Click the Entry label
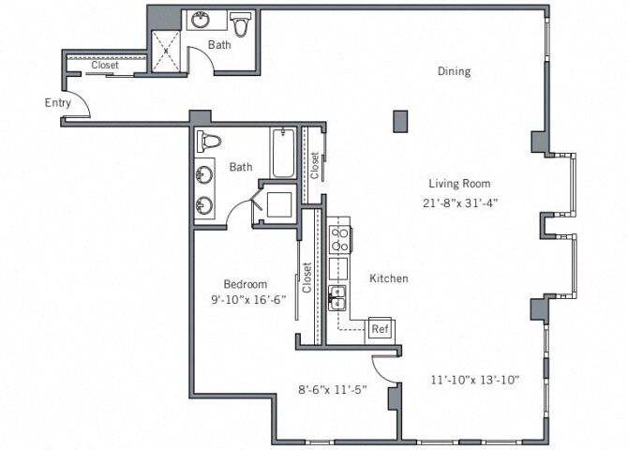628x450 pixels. (x=57, y=102)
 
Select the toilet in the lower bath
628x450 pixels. (x=210, y=142)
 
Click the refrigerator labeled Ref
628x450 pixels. (x=380, y=329)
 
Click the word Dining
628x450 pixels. (x=454, y=71)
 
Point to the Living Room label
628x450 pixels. (x=459, y=184)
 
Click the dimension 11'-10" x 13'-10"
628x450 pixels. (x=474, y=380)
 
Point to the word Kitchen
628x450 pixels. (x=388, y=278)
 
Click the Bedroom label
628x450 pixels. (x=246, y=284)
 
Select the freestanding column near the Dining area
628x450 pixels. (x=400, y=121)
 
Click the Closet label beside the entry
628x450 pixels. (x=105, y=66)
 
